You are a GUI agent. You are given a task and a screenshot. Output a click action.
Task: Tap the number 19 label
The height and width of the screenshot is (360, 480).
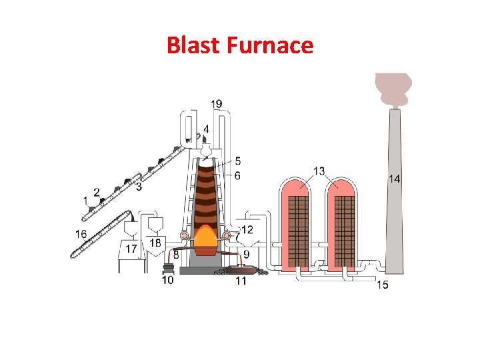tap(217, 103)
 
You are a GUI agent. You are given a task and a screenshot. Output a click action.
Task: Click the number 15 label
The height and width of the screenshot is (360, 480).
tap(383, 285)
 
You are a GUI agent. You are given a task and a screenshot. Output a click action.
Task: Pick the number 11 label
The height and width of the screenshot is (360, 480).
tap(241, 281)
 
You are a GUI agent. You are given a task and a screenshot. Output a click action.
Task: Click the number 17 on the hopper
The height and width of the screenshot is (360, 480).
tap(131, 248)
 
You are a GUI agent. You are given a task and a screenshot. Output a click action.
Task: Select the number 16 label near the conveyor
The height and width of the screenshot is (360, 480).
tap(81, 233)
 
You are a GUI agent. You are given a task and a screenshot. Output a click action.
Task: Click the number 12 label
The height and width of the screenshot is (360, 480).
tap(247, 230)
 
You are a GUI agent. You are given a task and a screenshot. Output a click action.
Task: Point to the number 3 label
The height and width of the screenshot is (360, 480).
tap(139, 187)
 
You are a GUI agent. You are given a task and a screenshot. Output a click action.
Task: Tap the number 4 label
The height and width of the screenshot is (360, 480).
tap(207, 129)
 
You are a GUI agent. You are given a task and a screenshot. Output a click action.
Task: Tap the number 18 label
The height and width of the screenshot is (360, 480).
tap(155, 243)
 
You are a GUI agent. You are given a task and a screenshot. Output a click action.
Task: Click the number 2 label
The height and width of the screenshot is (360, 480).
tap(97, 192)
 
